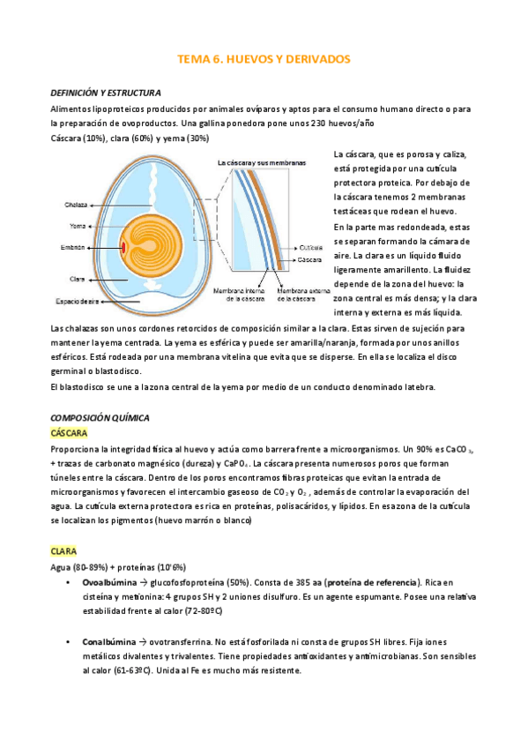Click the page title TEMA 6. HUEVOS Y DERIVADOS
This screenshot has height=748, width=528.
click(264, 59)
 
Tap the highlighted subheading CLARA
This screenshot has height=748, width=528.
click(64, 550)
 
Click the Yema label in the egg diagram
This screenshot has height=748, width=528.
click(78, 225)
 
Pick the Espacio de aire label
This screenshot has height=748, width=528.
click(78, 302)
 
